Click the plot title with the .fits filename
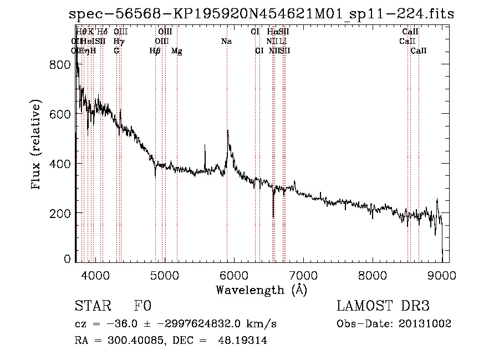tap(261, 14)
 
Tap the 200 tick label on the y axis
tap(62, 214)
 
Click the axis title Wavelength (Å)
tap(261, 290)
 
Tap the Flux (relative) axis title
tap(37, 145)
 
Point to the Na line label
tap(226, 42)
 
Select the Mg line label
tap(177, 51)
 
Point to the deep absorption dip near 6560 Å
tap(273, 216)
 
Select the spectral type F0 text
tap(142, 306)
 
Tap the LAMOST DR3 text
tap(383, 306)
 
